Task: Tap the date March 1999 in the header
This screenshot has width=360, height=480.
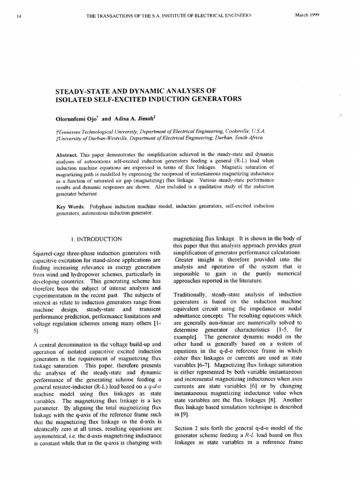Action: [307, 15]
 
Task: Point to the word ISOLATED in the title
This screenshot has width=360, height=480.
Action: [75, 99]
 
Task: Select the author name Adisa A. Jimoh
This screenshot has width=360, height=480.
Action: [138, 119]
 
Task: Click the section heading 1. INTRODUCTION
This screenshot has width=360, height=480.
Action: [96, 239]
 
